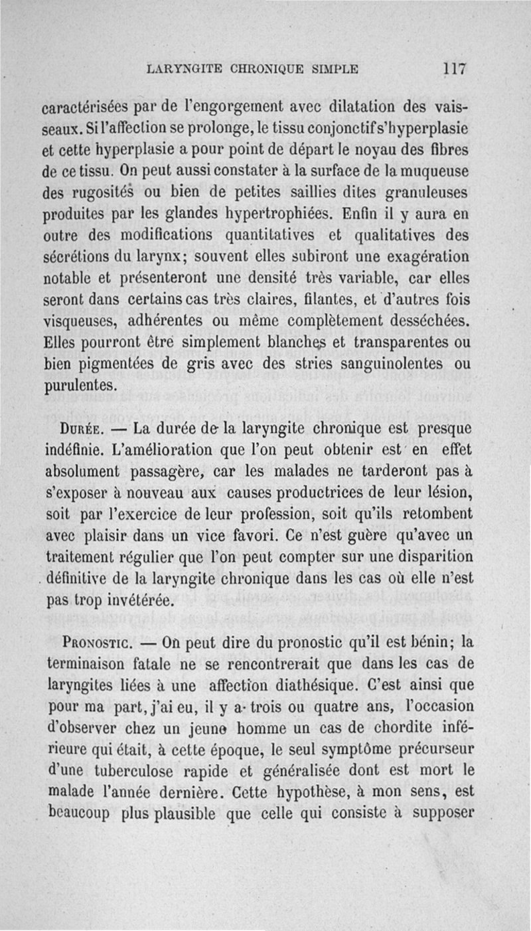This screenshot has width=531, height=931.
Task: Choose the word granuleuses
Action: pyautogui.click(x=429, y=193)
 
